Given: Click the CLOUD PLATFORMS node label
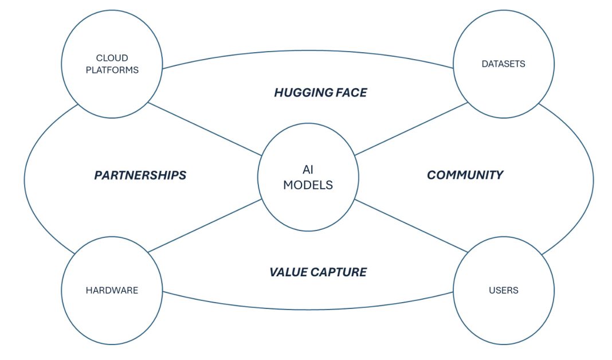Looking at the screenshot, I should [112, 64].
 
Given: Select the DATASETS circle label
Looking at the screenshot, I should [503, 64].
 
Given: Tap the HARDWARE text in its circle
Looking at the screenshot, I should [112, 290].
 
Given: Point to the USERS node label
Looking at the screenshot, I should [503, 290].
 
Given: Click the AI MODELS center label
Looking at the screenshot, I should [308, 178].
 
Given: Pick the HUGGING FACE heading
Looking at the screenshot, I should [320, 92].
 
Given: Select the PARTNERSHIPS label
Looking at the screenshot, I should [140, 175].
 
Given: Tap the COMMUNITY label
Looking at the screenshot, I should [465, 175].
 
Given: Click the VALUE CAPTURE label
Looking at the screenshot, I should [318, 272].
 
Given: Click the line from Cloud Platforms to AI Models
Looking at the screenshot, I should [205, 129].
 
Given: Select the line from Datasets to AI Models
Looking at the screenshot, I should [411, 129].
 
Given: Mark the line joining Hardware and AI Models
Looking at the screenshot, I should [205, 226].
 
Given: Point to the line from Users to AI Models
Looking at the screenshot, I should [411, 226].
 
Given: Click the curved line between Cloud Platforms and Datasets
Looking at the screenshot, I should [308, 50].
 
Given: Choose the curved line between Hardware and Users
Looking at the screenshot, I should [308, 308].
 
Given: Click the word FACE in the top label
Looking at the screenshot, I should [351, 92].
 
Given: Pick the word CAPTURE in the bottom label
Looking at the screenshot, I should [342, 272].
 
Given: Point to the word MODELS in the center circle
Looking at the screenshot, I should [308, 185].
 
